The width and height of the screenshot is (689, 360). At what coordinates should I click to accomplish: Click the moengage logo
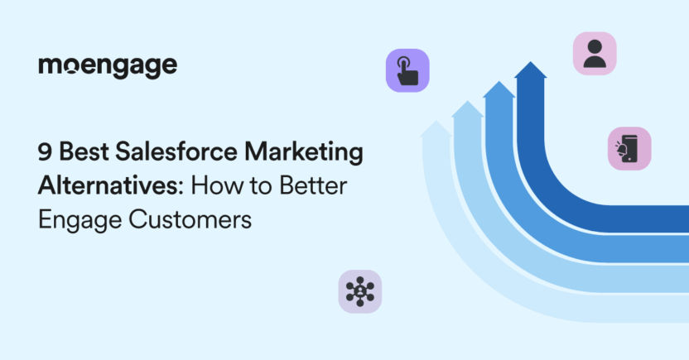coord(107,67)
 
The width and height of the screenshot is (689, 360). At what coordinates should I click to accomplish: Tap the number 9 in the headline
coord(43,154)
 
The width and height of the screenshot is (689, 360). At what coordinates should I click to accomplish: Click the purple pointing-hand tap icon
coord(407,70)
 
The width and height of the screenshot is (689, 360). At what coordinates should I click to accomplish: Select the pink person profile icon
coord(595,54)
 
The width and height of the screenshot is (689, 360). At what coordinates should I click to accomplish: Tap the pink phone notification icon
coord(629,149)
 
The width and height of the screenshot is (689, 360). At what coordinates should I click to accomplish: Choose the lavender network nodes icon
coord(360,291)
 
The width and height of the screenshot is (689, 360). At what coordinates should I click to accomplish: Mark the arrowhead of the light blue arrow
coord(468,109)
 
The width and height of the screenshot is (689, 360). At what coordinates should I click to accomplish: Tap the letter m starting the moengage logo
coord(51,67)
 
